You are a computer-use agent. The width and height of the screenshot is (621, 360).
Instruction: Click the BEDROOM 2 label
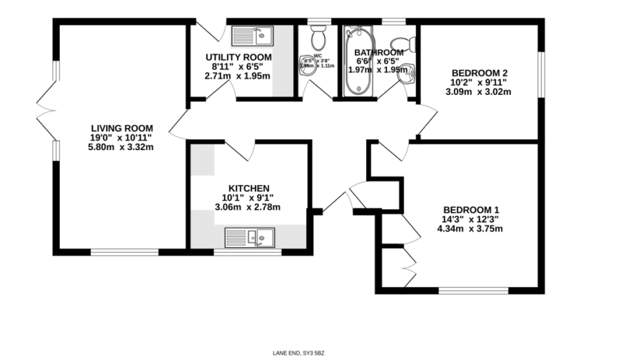click(x=480, y=72)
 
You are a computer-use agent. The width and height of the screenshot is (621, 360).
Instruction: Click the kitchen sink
click(x=249, y=236)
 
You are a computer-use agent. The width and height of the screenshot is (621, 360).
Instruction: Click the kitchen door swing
click(x=242, y=151)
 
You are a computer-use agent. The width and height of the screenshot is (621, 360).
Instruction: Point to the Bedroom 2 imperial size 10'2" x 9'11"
click(x=480, y=81)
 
